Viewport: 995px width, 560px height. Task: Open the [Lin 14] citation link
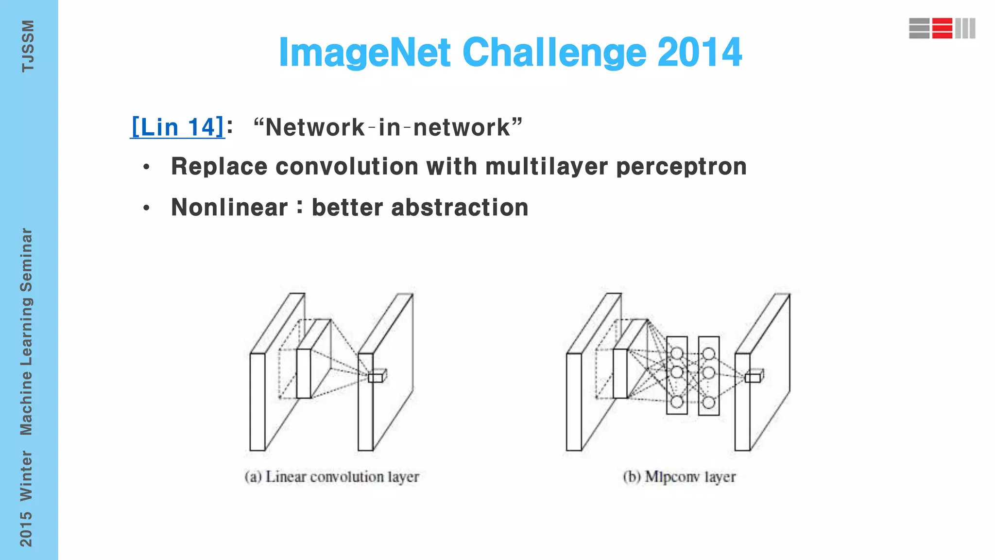(x=177, y=127)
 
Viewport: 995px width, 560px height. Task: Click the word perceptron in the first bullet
(x=681, y=167)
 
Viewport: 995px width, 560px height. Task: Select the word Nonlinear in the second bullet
(x=229, y=208)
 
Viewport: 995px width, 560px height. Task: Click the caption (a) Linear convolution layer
(x=332, y=477)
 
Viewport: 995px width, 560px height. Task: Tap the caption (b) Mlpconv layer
(x=679, y=477)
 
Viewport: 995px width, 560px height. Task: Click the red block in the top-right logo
(x=942, y=28)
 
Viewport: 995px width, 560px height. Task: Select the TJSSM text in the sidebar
(x=28, y=46)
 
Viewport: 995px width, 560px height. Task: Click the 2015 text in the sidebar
(x=26, y=529)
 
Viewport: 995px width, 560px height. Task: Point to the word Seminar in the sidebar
(x=26, y=260)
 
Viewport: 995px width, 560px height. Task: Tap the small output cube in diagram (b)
(x=754, y=377)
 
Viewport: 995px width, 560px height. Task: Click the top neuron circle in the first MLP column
(x=677, y=353)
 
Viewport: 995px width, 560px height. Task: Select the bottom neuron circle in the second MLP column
(x=709, y=402)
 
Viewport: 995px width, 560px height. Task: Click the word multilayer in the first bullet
(x=547, y=167)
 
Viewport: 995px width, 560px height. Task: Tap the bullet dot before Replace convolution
(x=147, y=168)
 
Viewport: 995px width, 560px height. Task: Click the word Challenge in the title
(x=554, y=52)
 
